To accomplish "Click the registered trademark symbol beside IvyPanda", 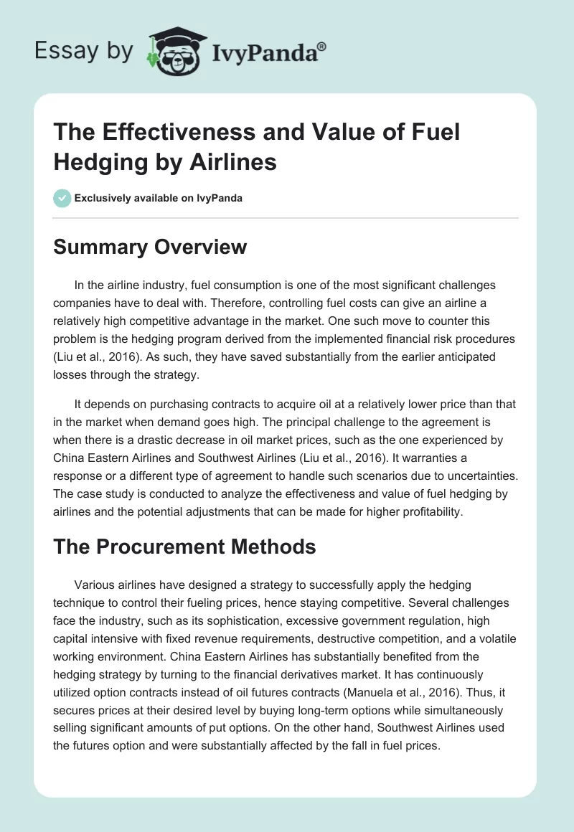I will (321, 47).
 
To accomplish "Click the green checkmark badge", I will (62, 198).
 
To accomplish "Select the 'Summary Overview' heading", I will (150, 247).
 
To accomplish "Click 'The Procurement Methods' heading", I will (184, 547).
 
